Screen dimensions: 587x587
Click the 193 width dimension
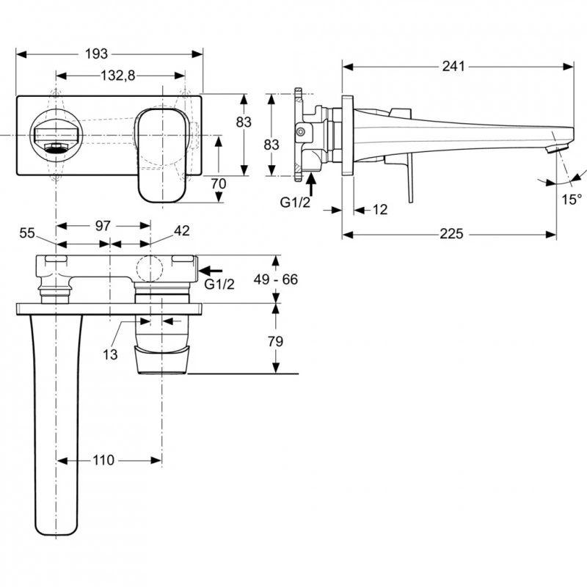pos(97,54)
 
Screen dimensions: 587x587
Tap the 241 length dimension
pos(453,67)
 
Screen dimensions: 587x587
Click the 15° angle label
pos(572,198)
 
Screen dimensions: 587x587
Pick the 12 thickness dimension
pos(379,210)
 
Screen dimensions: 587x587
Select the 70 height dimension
pos(218,183)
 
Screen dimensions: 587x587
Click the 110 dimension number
pos(103,460)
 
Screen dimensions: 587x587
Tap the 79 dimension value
pos(276,341)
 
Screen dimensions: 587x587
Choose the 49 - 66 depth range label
pos(276,280)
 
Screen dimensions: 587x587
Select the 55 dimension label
pos(27,232)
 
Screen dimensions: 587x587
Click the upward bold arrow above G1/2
pos(310,181)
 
